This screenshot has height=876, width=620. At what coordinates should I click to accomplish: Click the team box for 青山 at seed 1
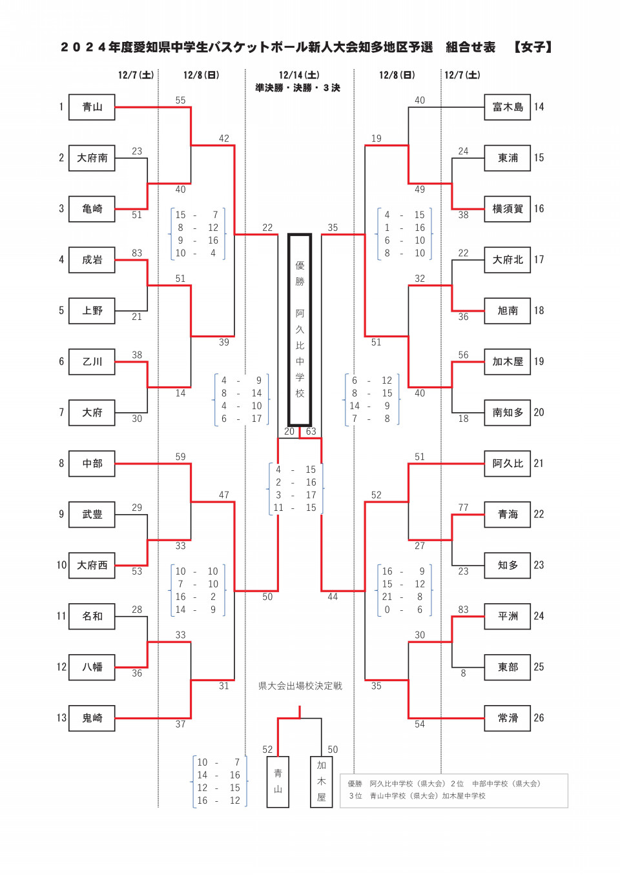point(92,107)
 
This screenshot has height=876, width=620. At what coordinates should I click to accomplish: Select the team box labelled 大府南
point(92,158)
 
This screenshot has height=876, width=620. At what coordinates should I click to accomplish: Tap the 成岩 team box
point(92,260)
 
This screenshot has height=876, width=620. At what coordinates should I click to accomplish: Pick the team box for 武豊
point(92,514)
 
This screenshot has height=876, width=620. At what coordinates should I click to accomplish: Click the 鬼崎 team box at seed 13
point(92,718)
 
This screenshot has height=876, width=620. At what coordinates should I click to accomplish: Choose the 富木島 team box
point(508,107)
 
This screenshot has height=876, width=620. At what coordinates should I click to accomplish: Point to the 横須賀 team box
point(508,209)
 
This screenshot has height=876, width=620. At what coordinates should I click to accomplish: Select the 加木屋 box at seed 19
point(508,362)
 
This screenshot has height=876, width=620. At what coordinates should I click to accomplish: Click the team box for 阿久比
point(508,463)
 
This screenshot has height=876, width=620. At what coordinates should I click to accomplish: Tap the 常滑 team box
point(508,718)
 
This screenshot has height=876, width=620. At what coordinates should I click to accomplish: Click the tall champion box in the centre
point(300,330)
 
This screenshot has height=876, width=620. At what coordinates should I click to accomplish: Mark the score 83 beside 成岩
point(137,254)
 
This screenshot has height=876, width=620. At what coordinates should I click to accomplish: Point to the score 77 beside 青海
point(463,508)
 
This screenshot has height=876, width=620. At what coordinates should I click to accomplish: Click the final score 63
point(311,432)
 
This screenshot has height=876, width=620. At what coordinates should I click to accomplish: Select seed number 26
point(539,718)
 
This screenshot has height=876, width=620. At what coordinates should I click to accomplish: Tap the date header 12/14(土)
point(299,75)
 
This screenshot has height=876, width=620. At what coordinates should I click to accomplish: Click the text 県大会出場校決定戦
point(300,686)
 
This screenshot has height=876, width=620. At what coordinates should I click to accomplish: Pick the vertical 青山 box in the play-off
point(278,782)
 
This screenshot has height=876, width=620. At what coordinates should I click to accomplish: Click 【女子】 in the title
point(533,47)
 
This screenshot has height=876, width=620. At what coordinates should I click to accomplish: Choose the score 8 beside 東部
point(463,673)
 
